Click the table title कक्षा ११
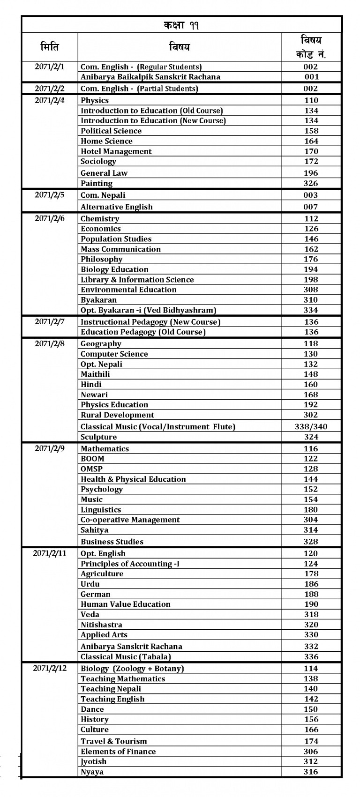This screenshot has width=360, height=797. (x=181, y=25)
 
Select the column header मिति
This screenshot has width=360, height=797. (x=50, y=47)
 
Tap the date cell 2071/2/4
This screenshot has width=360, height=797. (x=50, y=100)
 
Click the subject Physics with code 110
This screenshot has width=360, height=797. (x=95, y=100)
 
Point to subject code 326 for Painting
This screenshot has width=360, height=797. (x=311, y=183)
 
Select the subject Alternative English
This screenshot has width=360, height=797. (x=117, y=207)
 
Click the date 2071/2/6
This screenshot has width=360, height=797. (x=50, y=218)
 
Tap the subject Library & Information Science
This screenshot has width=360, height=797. (x=137, y=280)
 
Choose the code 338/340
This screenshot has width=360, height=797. (x=311, y=426)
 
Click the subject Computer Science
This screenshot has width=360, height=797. (x=114, y=354)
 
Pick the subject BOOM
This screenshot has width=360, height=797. (x=92, y=459)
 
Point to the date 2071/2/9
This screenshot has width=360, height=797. (x=50, y=448)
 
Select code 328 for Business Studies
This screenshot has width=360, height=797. (x=311, y=542)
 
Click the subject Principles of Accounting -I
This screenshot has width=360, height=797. (x=130, y=564)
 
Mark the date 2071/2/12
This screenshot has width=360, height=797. (x=50, y=668)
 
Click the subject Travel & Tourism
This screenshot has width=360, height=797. (x=114, y=741)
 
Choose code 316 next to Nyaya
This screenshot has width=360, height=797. (x=311, y=772)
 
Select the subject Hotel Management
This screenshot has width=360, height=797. (x=116, y=151)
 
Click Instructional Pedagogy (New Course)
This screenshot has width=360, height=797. (x=150, y=322)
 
